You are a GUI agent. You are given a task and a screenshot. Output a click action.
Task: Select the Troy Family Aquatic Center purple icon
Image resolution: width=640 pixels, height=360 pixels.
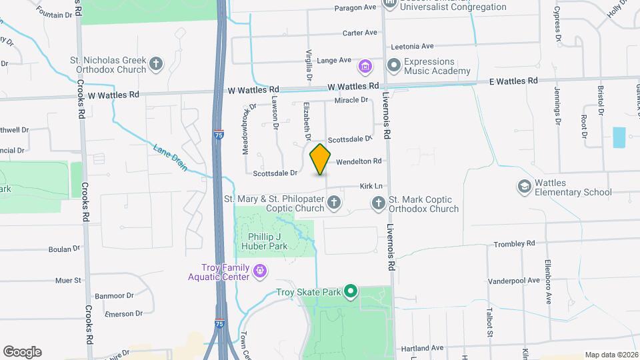260,272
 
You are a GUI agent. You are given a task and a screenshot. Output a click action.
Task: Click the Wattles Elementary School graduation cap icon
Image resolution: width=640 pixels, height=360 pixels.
524,187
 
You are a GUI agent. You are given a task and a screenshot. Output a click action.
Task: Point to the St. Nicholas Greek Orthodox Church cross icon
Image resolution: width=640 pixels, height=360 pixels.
156,64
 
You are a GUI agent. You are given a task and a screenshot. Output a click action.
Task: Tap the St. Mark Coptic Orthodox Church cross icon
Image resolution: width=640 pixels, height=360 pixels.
379,203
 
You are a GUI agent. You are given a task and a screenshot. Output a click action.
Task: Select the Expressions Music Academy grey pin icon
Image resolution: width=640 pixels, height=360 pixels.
393,65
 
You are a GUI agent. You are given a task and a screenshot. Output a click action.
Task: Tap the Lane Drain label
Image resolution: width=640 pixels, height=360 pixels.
170,158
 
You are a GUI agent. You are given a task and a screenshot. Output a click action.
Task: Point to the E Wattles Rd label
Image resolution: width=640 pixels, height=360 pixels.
514,81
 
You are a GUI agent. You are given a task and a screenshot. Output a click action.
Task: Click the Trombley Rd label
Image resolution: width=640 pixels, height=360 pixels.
514,244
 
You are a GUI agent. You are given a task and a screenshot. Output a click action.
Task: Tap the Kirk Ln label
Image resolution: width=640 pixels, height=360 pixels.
372,187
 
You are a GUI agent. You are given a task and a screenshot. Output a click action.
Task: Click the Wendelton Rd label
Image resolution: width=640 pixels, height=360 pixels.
359,161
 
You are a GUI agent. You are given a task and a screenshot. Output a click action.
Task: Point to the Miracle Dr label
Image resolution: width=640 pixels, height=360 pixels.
351,100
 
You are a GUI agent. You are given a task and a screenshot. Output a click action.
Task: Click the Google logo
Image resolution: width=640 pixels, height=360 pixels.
22,352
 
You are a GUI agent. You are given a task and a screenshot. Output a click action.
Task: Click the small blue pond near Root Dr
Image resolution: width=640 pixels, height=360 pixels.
619,137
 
